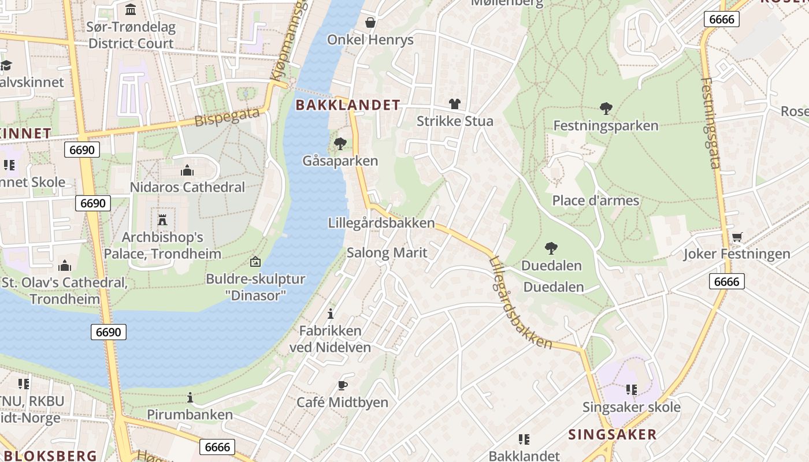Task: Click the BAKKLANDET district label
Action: (x=348, y=105)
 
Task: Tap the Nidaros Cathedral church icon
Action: (x=187, y=170)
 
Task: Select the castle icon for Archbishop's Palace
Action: (x=162, y=220)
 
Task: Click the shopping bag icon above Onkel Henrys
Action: (x=370, y=23)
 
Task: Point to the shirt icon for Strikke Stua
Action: (x=455, y=104)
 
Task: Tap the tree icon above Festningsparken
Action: (x=606, y=108)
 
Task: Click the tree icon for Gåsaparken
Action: (x=340, y=143)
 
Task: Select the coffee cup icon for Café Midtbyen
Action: (x=342, y=385)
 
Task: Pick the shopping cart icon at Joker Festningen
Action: (x=737, y=237)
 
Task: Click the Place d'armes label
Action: (x=595, y=200)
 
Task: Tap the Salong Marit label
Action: (x=387, y=252)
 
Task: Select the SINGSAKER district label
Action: (x=613, y=435)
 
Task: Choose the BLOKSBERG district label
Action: (x=49, y=456)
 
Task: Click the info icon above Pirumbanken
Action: (x=190, y=397)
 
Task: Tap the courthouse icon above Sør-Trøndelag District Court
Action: (x=131, y=10)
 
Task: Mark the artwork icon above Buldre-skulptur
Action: (x=255, y=262)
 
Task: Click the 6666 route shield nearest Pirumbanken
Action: (x=217, y=447)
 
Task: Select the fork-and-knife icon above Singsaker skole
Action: (x=631, y=390)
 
